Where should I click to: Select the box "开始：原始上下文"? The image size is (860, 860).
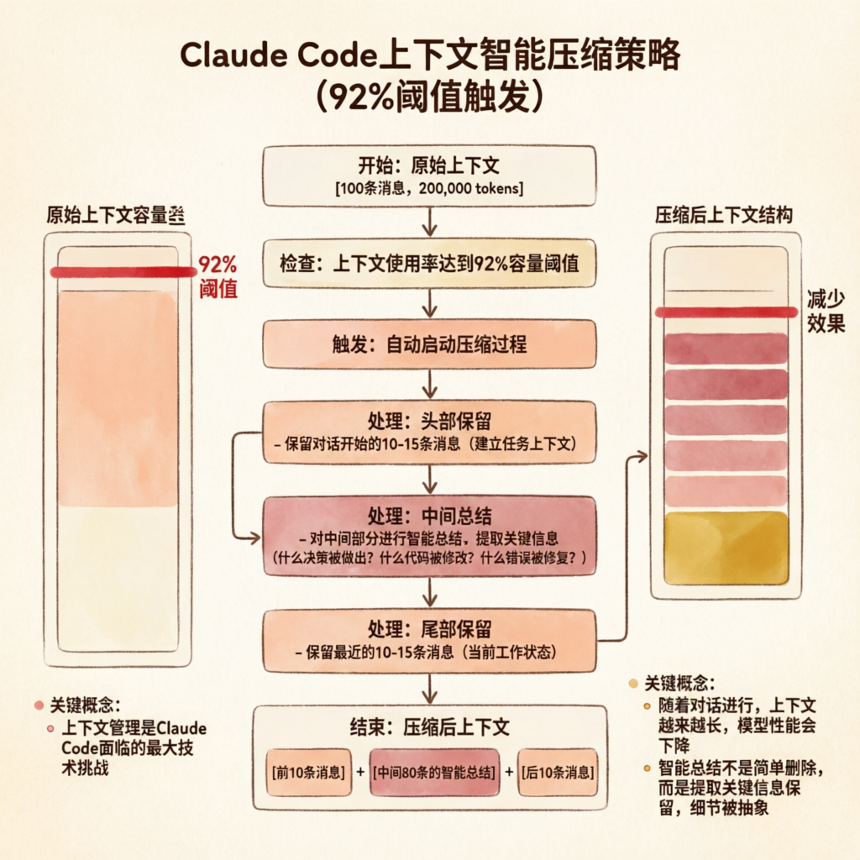coord(429,176)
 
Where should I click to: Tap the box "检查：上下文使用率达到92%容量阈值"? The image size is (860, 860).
coord(429,264)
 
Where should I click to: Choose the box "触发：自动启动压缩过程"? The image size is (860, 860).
coord(429,343)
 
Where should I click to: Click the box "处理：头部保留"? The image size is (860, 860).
coord(429,432)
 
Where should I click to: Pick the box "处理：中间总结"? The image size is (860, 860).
coord(429,536)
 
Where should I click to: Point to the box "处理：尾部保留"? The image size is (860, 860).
coord(429,641)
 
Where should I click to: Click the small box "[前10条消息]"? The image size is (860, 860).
coord(308,771)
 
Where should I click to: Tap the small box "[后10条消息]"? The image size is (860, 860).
coord(558,771)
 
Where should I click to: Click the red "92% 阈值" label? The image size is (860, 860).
coord(218,276)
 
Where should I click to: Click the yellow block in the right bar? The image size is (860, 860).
coord(726,548)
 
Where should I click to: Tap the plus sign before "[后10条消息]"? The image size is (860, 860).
coord(507,771)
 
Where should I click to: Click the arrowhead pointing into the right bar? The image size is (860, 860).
coord(642,456)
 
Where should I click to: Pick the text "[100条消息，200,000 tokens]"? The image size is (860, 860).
coord(429,188)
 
